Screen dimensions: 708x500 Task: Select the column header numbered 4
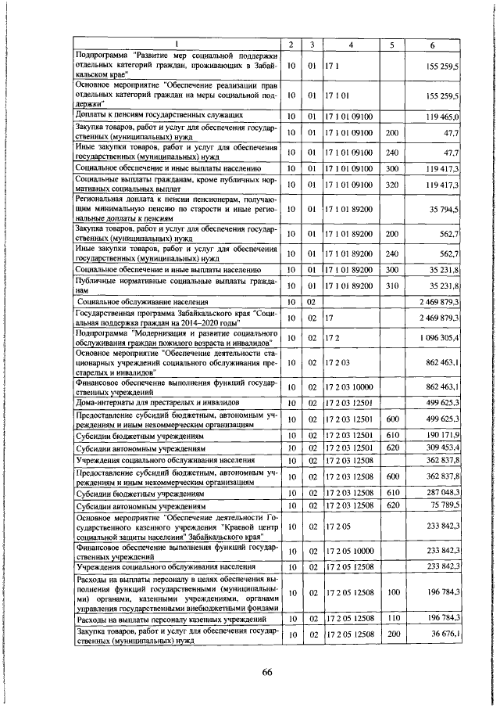(352, 44)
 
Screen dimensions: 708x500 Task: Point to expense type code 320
(392, 184)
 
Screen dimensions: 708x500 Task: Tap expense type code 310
(392, 286)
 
